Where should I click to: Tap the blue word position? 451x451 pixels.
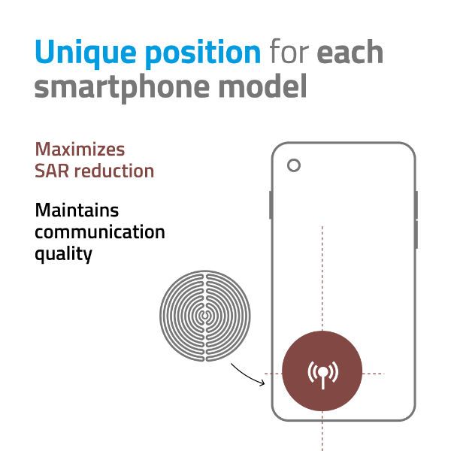203,53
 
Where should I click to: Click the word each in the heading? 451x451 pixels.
350,51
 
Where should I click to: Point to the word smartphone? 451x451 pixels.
122,87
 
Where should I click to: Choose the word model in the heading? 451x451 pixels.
262,86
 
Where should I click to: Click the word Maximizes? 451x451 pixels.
80,150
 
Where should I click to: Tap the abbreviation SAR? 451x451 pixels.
52,171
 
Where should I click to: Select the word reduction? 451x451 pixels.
114,171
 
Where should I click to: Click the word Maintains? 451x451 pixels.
77,210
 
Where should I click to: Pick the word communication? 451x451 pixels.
99,232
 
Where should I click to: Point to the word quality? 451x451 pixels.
63,254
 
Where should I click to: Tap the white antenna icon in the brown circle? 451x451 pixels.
322,374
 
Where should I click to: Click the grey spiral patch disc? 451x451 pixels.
205,316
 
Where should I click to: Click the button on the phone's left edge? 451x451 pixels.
271,204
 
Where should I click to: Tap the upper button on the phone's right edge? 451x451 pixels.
416,204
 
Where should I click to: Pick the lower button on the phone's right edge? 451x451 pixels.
416,235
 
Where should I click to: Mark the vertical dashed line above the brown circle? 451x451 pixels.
322,278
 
